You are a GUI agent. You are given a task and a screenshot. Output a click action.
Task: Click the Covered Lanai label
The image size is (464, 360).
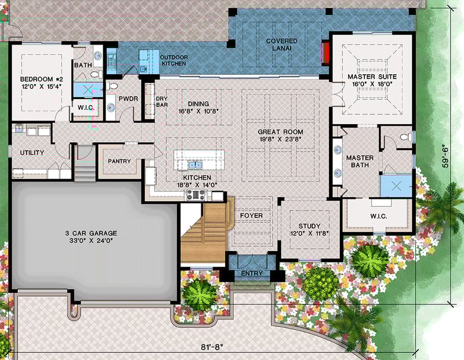click(x=281, y=45)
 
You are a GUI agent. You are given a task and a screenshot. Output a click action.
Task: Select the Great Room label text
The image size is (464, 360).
click(x=280, y=136)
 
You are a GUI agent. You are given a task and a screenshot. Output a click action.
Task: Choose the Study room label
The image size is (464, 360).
click(x=309, y=230)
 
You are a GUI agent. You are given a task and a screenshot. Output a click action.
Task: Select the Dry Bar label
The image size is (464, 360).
click(x=162, y=101)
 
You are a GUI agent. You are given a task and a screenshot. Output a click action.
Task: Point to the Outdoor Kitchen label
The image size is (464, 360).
click(x=173, y=60)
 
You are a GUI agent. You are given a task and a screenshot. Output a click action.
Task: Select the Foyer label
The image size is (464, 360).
click(x=251, y=216)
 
